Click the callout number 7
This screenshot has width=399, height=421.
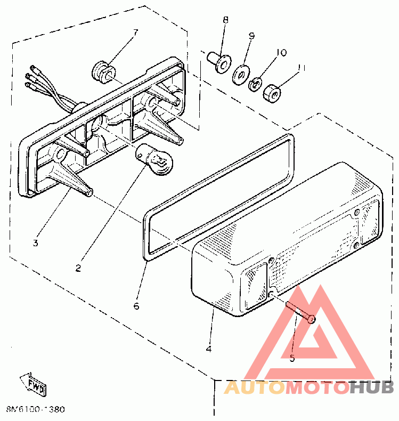(x=135, y=32)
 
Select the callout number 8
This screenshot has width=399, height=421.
(x=225, y=20)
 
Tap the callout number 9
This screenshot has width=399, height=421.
(x=251, y=36)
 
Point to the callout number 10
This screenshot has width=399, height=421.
(x=281, y=52)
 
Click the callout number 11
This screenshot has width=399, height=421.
(x=302, y=68)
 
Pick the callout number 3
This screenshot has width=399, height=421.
(x=35, y=243)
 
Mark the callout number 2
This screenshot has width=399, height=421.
(x=78, y=268)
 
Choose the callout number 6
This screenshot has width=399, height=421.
(x=136, y=306)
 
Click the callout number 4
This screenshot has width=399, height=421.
(x=208, y=349)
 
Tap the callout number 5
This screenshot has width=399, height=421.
(x=292, y=358)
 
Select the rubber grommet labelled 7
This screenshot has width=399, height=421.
(x=103, y=73)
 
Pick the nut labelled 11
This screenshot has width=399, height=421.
(x=273, y=94)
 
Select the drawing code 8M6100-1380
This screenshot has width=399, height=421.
(x=36, y=410)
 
